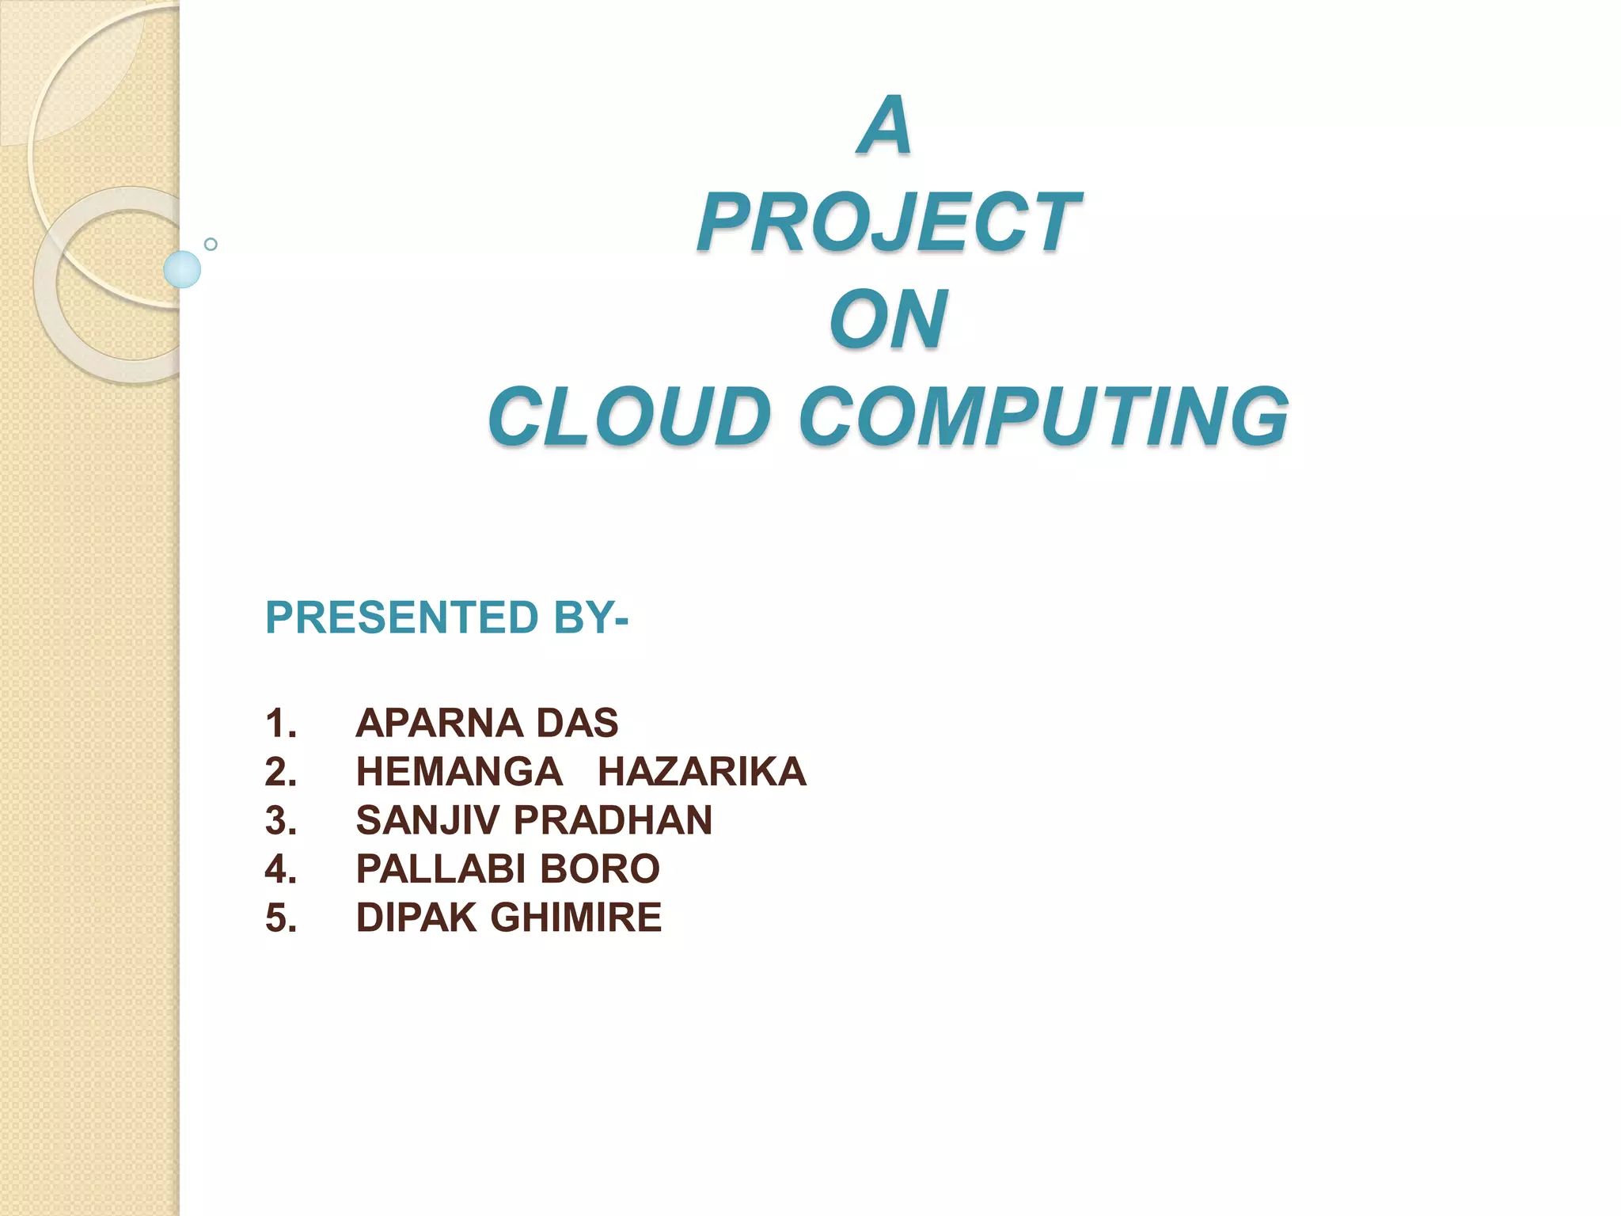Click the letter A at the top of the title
pyautogui.click(x=886, y=126)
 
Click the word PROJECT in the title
pyautogui.click(x=888, y=223)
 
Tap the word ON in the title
pyautogui.click(x=888, y=320)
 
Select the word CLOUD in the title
pyautogui.click(x=629, y=417)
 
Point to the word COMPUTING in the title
pyautogui.click(x=1043, y=417)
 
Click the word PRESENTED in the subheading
pyautogui.click(x=402, y=617)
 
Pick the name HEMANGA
pyautogui.click(x=459, y=772)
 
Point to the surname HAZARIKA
pyautogui.click(x=702, y=772)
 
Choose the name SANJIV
pyautogui.click(x=427, y=820)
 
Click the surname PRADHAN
pyautogui.click(x=613, y=820)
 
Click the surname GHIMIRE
pyautogui.click(x=575, y=918)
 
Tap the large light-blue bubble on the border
pyautogui.click(x=182, y=269)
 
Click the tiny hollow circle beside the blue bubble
pyautogui.click(x=211, y=244)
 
